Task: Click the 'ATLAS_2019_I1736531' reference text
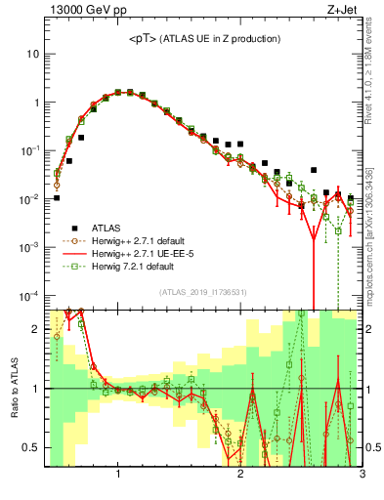201,292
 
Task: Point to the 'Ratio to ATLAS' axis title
13,389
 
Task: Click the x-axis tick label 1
118,474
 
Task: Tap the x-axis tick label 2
240,474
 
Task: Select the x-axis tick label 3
362,474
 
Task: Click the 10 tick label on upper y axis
32,54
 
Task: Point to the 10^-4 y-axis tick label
29,295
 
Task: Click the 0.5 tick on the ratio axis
30,447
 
